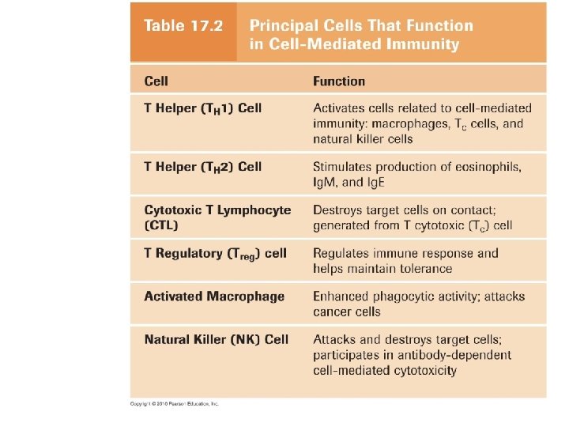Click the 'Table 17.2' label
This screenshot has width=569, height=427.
[183, 25]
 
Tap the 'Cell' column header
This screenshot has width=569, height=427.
[156, 81]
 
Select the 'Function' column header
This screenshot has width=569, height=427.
[339, 81]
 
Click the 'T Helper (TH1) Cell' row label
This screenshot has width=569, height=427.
[202, 108]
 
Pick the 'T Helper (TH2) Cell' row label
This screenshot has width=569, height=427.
[202, 167]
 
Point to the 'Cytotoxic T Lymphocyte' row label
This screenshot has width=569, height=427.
[217, 210]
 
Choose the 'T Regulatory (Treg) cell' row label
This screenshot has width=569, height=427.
[215, 254]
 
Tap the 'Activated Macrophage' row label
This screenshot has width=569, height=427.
[214, 297]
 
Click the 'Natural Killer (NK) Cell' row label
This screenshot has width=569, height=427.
[216, 340]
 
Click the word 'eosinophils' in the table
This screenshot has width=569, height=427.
[485, 167]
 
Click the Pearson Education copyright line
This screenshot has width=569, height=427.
[174, 403]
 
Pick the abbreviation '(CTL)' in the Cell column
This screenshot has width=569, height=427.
[161, 225]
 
